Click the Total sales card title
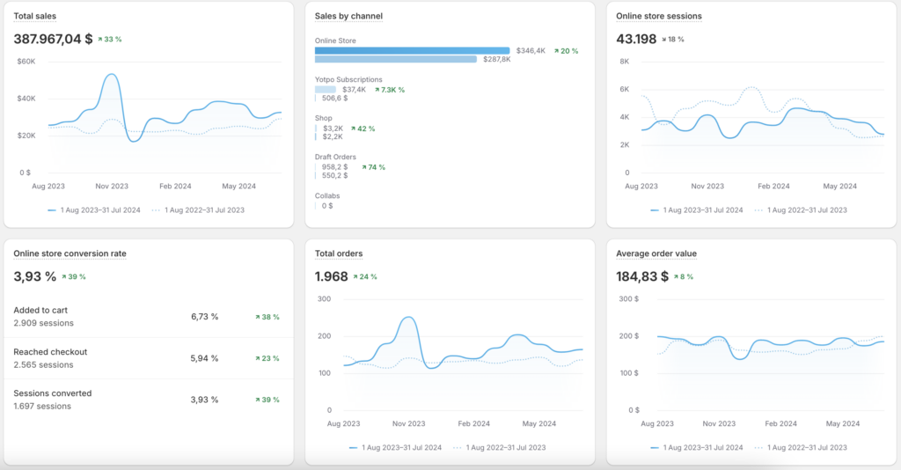[x=35, y=16]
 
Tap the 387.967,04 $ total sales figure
[x=53, y=39]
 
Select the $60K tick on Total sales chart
[x=26, y=62]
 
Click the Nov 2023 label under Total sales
[x=112, y=187]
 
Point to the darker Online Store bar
[x=412, y=50]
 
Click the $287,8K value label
[x=496, y=59]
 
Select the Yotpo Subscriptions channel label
[x=348, y=79]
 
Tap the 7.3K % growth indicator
[x=390, y=90]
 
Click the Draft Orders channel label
[x=335, y=157]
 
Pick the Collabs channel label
[x=327, y=196]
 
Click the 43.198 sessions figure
[x=636, y=39]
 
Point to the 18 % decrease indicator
[x=673, y=40]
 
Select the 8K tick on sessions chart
[x=624, y=62]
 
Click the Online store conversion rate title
[x=70, y=253]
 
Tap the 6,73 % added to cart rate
[x=204, y=317]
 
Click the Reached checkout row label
[x=50, y=352]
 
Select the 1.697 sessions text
[x=42, y=407]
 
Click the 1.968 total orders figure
[x=332, y=276]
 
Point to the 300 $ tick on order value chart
[x=628, y=298]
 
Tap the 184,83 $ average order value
[x=642, y=276]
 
